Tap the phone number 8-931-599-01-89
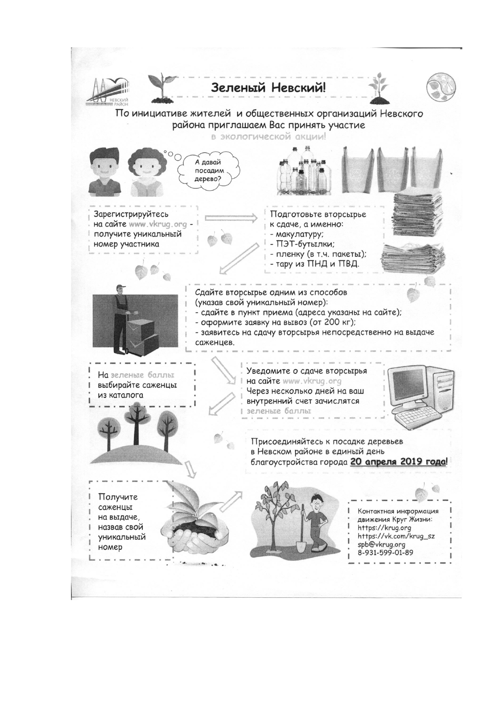click(385, 553)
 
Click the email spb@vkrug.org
click(381, 544)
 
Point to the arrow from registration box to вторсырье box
click(231, 218)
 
